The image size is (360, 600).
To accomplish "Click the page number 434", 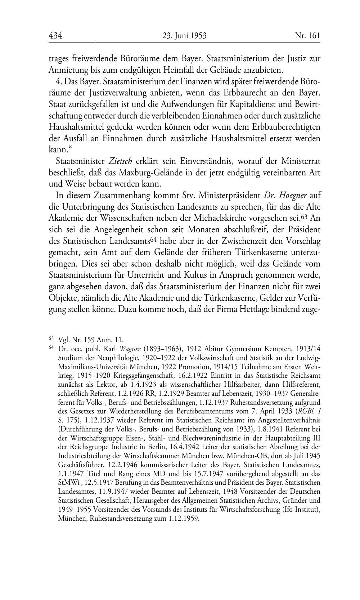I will click(x=55, y=36).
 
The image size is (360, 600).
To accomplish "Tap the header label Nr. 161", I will click(x=307, y=36).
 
